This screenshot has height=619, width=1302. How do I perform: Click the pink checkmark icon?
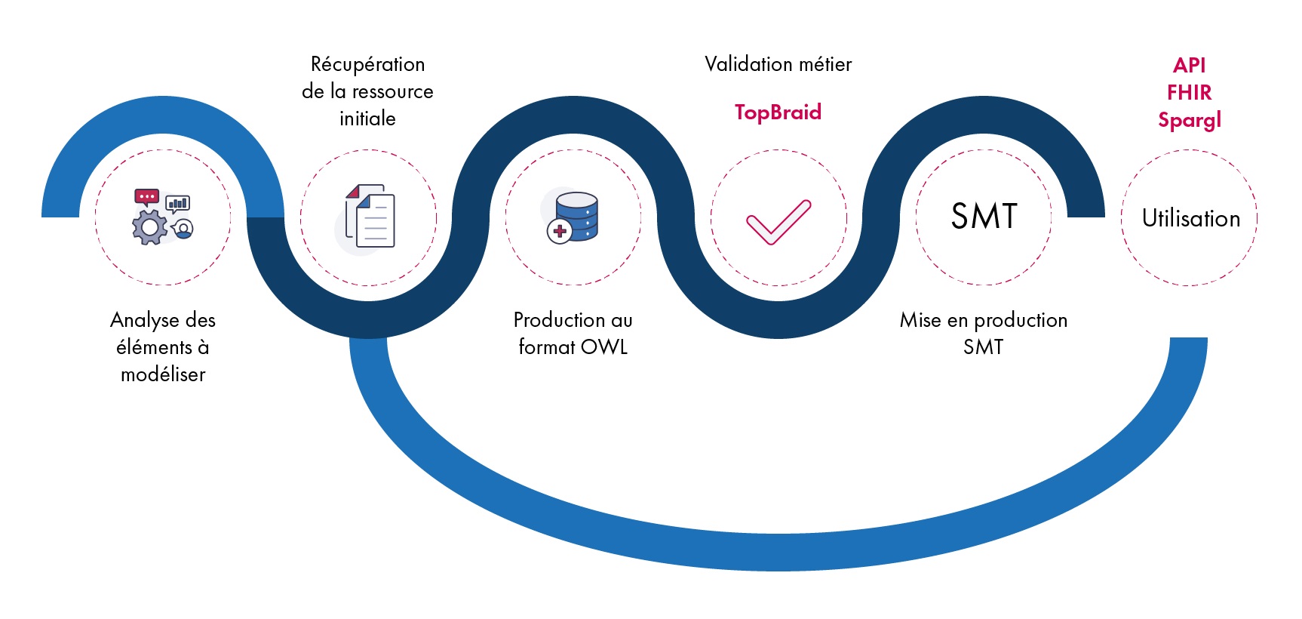[x=778, y=222]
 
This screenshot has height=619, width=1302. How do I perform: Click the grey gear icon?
[x=150, y=226]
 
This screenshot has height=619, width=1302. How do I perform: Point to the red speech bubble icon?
[x=146, y=197]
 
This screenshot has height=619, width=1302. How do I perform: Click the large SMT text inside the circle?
[x=984, y=217]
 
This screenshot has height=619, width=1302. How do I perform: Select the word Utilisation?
[x=1190, y=219]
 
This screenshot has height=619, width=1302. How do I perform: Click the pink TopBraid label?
[x=778, y=112]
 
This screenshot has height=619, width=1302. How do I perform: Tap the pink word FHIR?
[x=1189, y=93]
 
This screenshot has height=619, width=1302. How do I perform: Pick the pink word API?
[x=1189, y=66]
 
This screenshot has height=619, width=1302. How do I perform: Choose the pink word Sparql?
[x=1189, y=121]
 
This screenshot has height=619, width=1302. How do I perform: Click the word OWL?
[x=604, y=347]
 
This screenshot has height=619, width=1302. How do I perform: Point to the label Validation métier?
[x=778, y=65]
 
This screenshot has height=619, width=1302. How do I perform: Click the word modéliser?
[x=163, y=374]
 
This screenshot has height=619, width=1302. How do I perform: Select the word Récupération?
[x=367, y=65]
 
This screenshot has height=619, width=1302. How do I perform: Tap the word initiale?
[x=367, y=119]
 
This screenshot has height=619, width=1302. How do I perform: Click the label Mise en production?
[x=983, y=320]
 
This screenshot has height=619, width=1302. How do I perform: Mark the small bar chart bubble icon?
[x=178, y=203]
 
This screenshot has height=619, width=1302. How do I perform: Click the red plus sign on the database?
[x=560, y=231]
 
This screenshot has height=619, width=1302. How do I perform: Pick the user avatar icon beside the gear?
[x=183, y=229]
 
